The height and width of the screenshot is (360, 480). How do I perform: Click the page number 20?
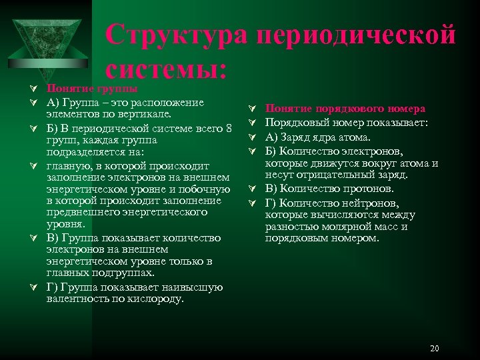click(435, 349)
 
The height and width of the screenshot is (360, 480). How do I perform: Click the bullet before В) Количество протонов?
click(251, 189)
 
